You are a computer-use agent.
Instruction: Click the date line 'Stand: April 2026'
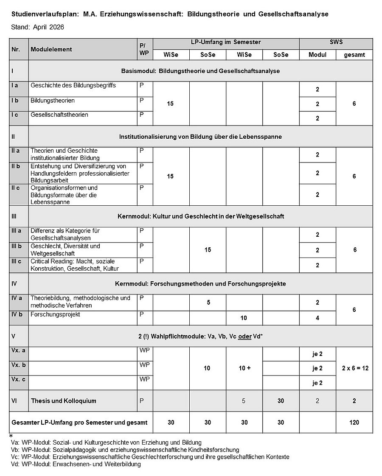(38, 27)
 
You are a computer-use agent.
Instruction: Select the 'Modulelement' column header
(51, 49)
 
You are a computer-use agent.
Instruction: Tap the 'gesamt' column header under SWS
(354, 55)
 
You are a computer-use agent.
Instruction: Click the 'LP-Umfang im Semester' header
(226, 42)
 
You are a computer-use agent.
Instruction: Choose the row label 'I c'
(15, 115)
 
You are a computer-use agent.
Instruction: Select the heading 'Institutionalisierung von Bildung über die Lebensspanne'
(200, 137)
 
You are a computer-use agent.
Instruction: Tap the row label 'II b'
(16, 166)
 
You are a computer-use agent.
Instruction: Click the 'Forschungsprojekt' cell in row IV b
(55, 314)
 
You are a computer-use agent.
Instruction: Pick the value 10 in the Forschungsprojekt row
(244, 318)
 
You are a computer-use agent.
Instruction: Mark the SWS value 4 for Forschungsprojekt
(317, 318)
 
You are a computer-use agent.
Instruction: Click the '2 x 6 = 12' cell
(354, 368)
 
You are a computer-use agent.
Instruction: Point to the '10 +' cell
(244, 368)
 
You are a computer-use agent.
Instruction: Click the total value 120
(354, 422)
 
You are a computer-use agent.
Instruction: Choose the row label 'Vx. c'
(18, 379)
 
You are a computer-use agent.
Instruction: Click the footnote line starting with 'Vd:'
(76, 464)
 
